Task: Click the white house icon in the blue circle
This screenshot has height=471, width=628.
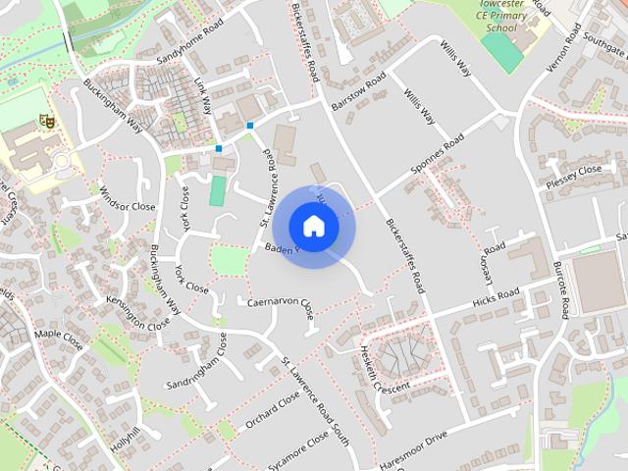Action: (x=313, y=226)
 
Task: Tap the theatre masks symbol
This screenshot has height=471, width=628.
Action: (x=44, y=121)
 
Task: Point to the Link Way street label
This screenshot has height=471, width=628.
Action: (x=204, y=97)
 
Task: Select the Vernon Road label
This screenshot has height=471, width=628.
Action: (x=560, y=44)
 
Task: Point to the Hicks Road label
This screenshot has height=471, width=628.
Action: (x=496, y=297)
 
